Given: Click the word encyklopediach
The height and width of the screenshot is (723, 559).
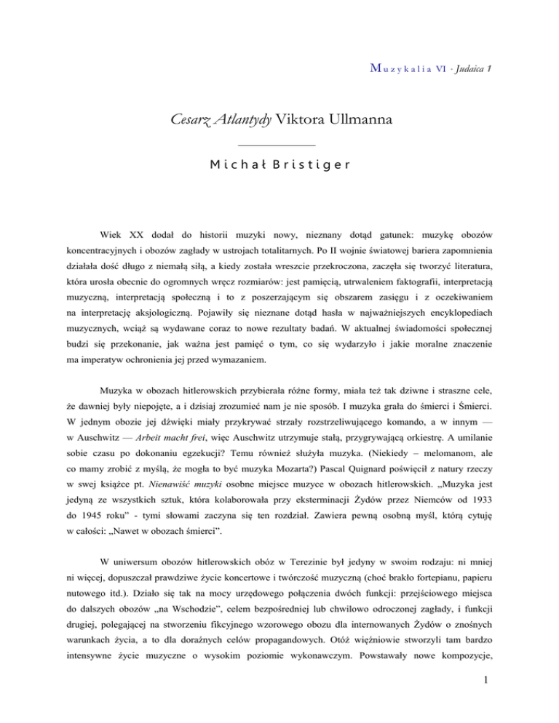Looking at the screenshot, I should tap(448, 316).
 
